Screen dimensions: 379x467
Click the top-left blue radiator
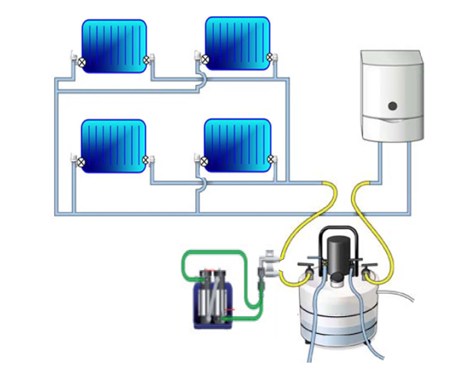click(x=114, y=46)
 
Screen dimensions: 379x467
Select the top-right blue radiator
click(x=238, y=43)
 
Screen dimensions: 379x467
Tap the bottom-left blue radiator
click(x=114, y=146)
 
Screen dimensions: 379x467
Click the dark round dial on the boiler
click(x=393, y=107)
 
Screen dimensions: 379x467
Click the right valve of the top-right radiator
click(x=270, y=57)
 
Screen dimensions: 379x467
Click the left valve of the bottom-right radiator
click(x=204, y=160)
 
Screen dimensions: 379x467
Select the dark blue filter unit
click(x=210, y=299)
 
